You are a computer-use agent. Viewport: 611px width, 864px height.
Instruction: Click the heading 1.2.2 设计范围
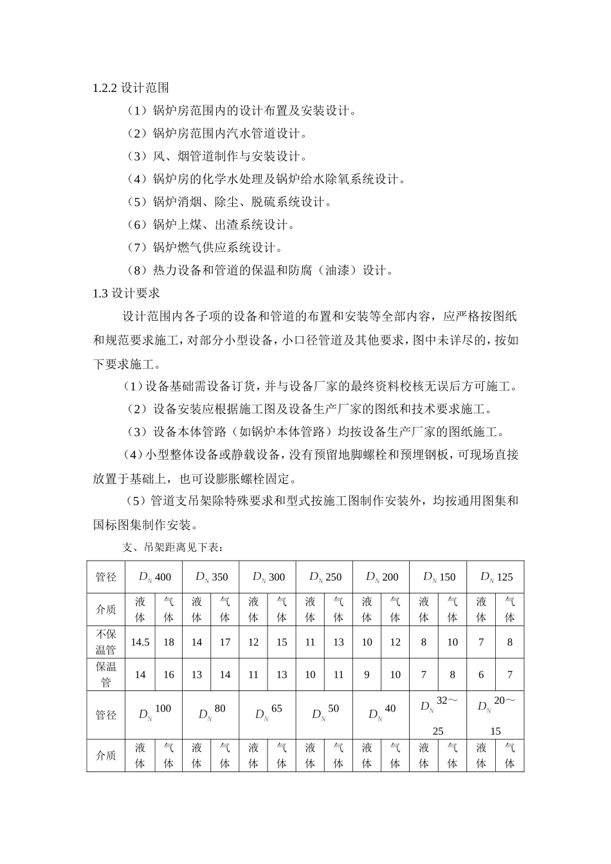pyautogui.click(x=131, y=88)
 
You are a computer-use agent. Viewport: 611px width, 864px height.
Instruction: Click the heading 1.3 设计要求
pyautogui.click(x=126, y=293)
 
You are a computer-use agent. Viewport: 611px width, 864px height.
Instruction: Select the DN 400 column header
pyautogui.click(x=154, y=577)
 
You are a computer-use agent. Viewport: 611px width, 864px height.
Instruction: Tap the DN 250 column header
pyautogui.click(x=325, y=577)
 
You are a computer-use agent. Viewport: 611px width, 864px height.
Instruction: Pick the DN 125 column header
pyautogui.click(x=496, y=577)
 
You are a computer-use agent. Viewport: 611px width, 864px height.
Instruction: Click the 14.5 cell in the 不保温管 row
pyautogui.click(x=140, y=642)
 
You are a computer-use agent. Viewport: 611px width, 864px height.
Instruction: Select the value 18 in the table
pyautogui.click(x=169, y=642)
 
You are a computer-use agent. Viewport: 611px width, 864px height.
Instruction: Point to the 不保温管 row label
pyautogui.click(x=105, y=642)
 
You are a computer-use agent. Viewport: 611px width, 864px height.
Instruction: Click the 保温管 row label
pyautogui.click(x=105, y=674)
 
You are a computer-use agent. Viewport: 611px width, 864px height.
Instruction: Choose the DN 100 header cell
pyautogui.click(x=154, y=713)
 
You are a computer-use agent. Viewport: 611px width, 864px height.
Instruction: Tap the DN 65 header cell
pyautogui.click(x=268, y=713)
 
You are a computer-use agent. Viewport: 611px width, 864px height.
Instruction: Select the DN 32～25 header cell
pyautogui.click(x=438, y=714)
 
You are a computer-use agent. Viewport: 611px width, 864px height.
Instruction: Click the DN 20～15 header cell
pyautogui.click(x=495, y=714)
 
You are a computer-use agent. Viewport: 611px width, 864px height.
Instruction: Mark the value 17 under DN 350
pyautogui.click(x=225, y=642)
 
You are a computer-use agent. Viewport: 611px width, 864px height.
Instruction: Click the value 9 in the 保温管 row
pyautogui.click(x=367, y=675)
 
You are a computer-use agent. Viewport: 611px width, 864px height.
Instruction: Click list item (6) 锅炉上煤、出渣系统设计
pyautogui.click(x=211, y=225)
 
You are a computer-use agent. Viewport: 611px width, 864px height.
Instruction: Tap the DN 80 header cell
pyautogui.click(x=212, y=713)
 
